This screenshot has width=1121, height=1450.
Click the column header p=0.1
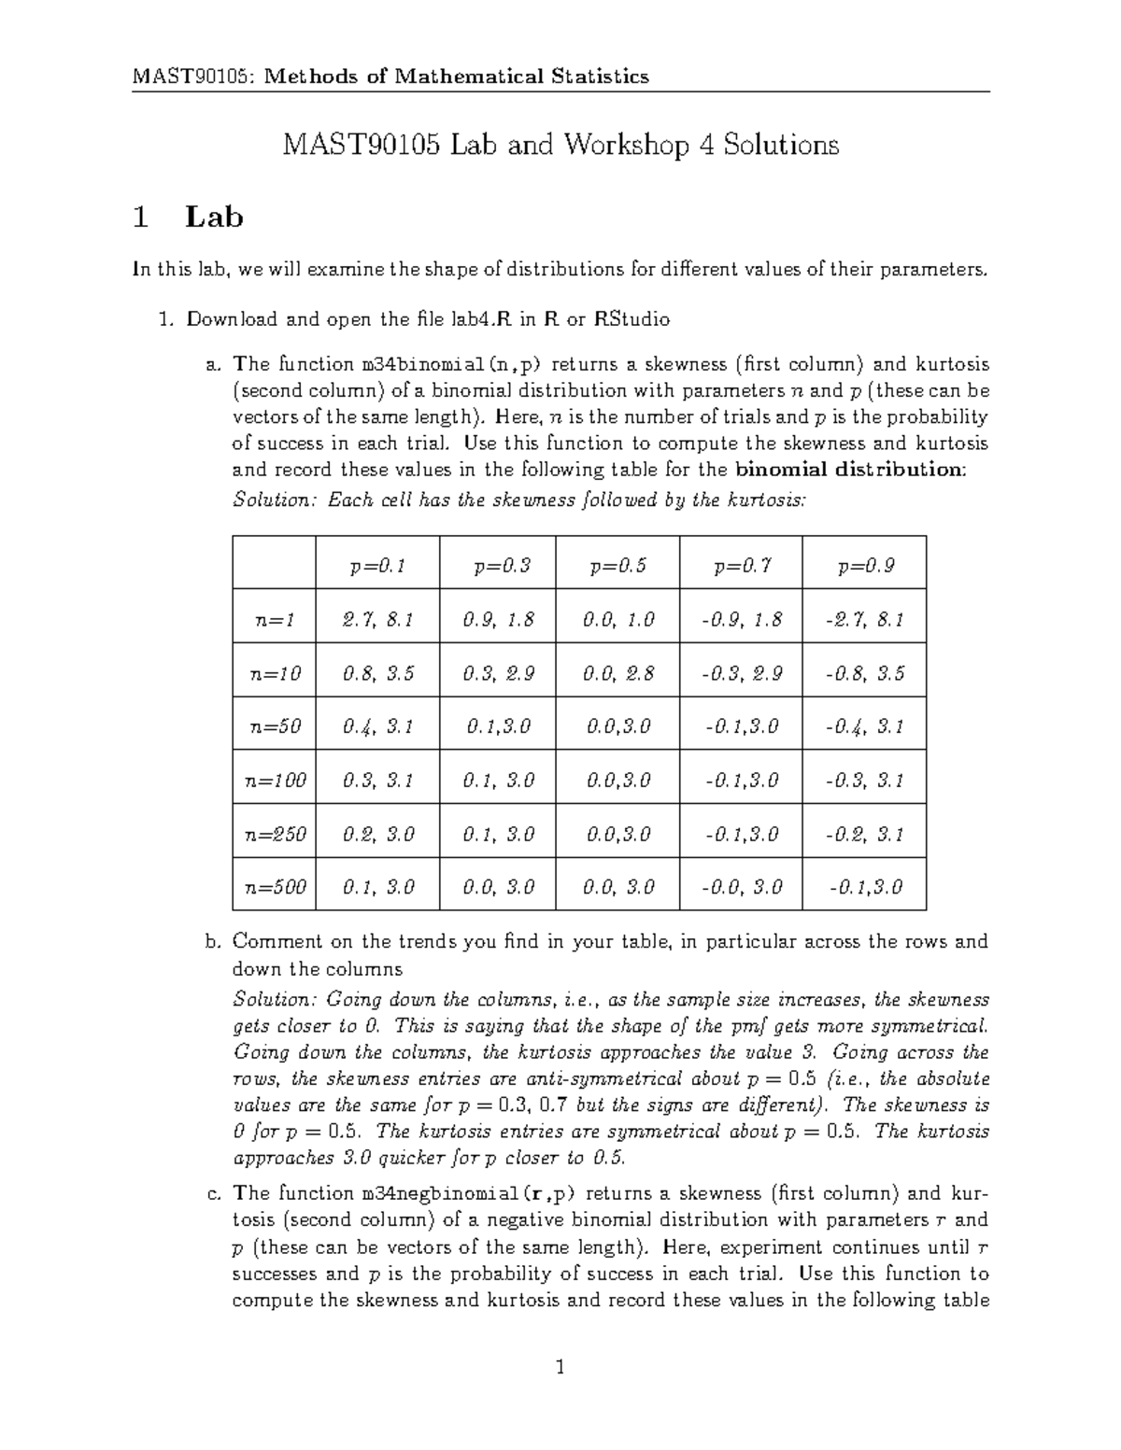pyautogui.click(x=377, y=566)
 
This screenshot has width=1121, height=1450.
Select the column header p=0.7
pyautogui.click(x=742, y=566)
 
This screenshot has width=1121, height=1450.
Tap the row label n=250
pyautogui.click(x=275, y=834)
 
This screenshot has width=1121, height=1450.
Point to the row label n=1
pyautogui.click(x=275, y=619)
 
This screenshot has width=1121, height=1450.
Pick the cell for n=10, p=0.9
pyautogui.click(x=864, y=673)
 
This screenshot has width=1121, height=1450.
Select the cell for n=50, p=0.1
pyautogui.click(x=377, y=726)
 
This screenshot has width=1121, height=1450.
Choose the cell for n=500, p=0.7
pyautogui.click(x=742, y=887)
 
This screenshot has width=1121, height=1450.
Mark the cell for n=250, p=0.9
pyautogui.click(x=864, y=834)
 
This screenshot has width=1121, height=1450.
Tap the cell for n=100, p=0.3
pyautogui.click(x=498, y=781)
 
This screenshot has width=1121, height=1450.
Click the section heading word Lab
pyautogui.click(x=214, y=218)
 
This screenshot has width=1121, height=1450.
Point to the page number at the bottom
pyautogui.click(x=560, y=1369)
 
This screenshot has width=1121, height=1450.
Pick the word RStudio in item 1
pyautogui.click(x=631, y=319)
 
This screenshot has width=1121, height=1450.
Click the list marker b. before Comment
pyautogui.click(x=212, y=941)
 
